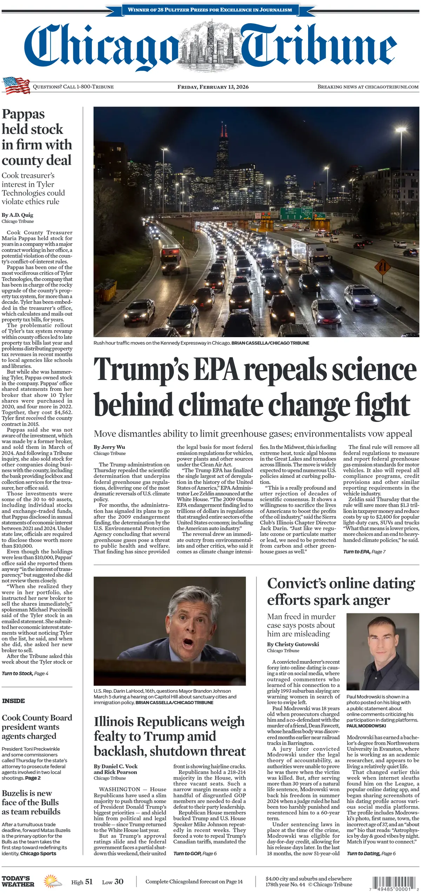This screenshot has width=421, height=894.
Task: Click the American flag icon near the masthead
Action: [16, 85]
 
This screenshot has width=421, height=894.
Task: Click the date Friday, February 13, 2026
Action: [213, 87]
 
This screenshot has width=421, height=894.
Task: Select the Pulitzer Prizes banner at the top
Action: [210, 9]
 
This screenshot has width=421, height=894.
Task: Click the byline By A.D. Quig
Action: [18, 215]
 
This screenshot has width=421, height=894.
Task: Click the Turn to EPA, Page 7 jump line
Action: [364, 552]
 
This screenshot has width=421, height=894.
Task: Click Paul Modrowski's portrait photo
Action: [382, 651]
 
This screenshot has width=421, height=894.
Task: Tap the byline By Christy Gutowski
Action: [293, 644]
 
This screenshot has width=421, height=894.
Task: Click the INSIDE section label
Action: [13, 701]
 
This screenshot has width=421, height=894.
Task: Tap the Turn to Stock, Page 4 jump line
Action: [25, 673]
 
